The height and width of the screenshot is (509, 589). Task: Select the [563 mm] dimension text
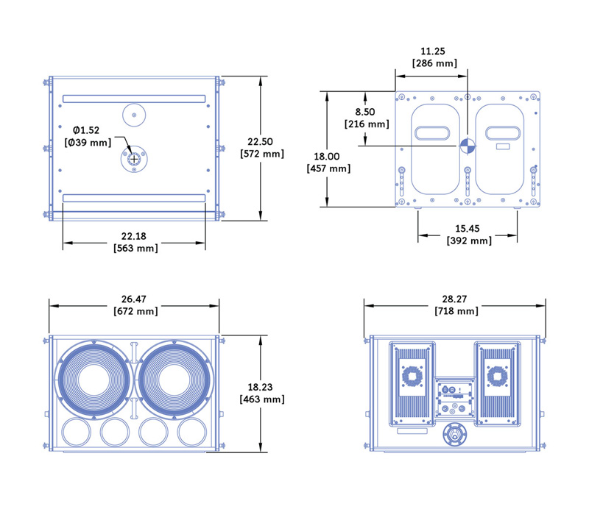[x=135, y=248]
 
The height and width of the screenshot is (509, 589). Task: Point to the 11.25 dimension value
[x=431, y=52]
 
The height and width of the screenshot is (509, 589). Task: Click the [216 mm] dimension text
[x=367, y=124]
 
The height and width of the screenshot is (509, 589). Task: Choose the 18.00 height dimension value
[x=327, y=157]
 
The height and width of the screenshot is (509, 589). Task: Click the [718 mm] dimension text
[x=455, y=311]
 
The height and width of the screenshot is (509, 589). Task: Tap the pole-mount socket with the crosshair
[x=134, y=159]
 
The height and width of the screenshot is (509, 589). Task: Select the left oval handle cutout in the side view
[x=432, y=132]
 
